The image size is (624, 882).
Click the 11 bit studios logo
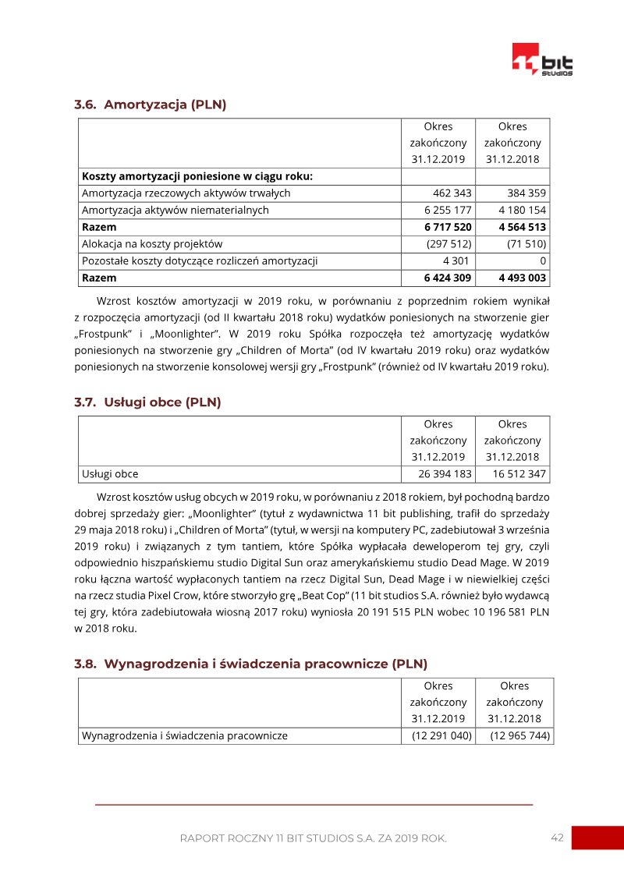pyautogui.click(x=542, y=59)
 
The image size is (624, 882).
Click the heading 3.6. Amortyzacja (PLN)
pyautogui.click(x=150, y=104)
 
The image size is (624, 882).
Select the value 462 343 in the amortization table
pyautogui.click(x=452, y=193)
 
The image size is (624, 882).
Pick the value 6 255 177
pyautogui.click(x=448, y=211)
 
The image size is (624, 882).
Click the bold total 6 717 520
pyautogui.click(x=448, y=228)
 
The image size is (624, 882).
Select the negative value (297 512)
pyautogui.click(x=448, y=244)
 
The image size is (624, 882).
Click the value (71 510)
pyautogui.click(x=526, y=244)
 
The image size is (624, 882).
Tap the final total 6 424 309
pyautogui.click(x=448, y=278)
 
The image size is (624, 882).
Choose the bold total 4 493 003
pyautogui.click(x=522, y=278)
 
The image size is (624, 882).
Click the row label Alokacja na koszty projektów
pyautogui.click(x=152, y=244)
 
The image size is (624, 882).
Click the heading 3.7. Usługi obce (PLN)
pyautogui.click(x=147, y=402)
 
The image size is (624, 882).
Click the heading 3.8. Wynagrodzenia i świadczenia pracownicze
pyautogui.click(x=250, y=664)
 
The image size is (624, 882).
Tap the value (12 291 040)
pyautogui.click(x=441, y=735)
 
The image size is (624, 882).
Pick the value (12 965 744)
pyautogui.click(x=519, y=735)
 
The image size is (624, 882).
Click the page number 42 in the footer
pyautogui.click(x=557, y=838)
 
